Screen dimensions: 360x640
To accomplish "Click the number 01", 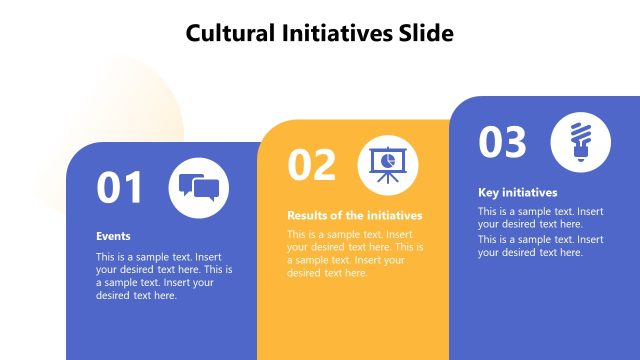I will pos(120,188).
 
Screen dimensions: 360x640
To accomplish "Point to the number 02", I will pos(311,165).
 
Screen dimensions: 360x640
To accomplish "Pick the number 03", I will pos(502,142).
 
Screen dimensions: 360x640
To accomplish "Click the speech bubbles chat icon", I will pos(199,187).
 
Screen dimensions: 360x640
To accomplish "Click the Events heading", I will pos(113,237).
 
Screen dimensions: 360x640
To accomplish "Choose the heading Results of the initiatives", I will pos(355,215).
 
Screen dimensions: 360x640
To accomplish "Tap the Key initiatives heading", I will pos(517,192).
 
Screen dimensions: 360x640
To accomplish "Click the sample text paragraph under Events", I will pos(164,275).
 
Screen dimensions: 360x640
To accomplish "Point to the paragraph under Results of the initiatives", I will pos(355,253).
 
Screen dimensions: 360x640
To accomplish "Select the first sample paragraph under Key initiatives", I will pos(540,217).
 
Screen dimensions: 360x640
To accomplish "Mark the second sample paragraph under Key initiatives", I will pos(540,246).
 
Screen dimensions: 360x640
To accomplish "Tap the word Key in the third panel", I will pos(488,192).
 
